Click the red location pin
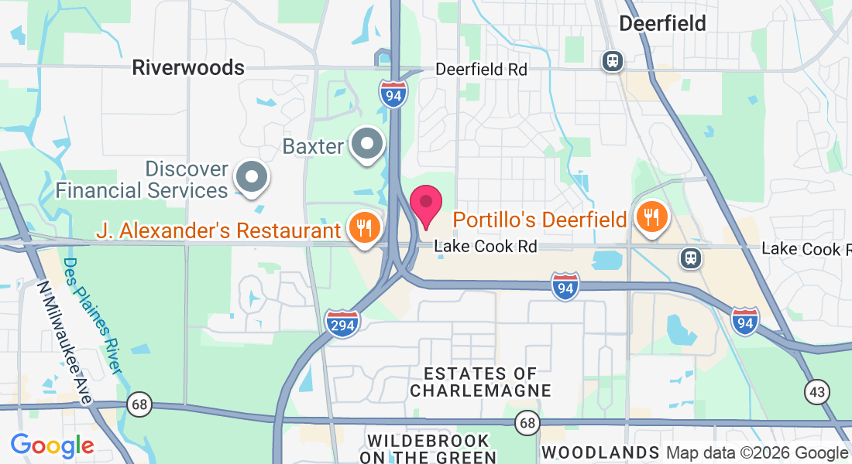coord(425,204)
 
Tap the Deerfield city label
coord(663,23)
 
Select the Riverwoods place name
coord(188,67)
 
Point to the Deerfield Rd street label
coord(481,69)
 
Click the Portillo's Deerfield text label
coord(540,220)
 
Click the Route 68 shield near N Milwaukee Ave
coord(139,404)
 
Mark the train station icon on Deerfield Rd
coord(613,61)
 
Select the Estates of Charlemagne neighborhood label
coord(480,382)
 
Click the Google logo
coord(52,445)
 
